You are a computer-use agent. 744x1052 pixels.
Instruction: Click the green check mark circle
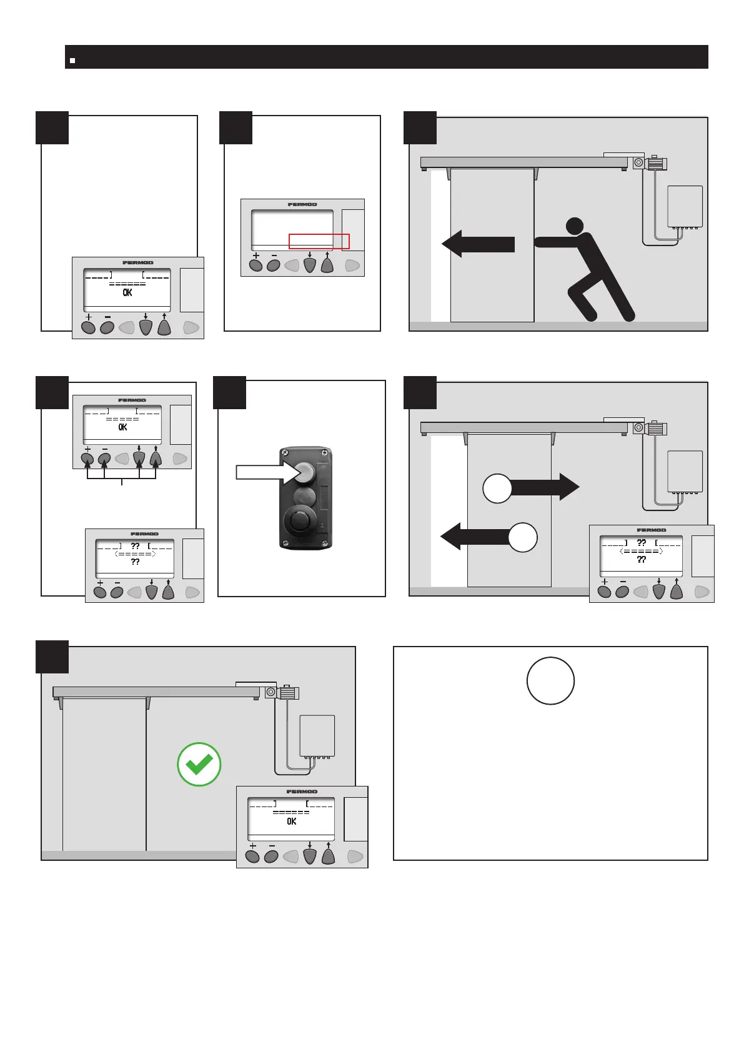(x=199, y=764)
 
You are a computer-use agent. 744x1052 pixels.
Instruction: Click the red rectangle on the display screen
(x=319, y=241)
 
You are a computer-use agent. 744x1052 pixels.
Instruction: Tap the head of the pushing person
(x=574, y=226)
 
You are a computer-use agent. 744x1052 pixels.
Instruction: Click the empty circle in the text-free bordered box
(x=550, y=681)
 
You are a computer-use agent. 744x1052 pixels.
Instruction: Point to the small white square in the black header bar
(x=72, y=61)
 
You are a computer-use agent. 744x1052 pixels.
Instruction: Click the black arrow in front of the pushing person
(x=478, y=244)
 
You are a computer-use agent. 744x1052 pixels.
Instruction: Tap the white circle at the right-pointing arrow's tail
(x=498, y=488)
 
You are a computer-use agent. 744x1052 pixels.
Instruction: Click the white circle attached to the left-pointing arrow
(x=522, y=537)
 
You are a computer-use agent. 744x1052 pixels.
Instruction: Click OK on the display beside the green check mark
(x=292, y=821)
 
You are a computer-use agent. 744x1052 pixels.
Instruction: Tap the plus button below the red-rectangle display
(x=255, y=265)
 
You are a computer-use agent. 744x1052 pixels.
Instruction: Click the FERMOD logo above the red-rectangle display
(x=302, y=204)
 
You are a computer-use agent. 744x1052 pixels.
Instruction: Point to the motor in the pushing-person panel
(x=657, y=164)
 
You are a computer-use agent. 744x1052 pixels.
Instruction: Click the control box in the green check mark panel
(x=317, y=735)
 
